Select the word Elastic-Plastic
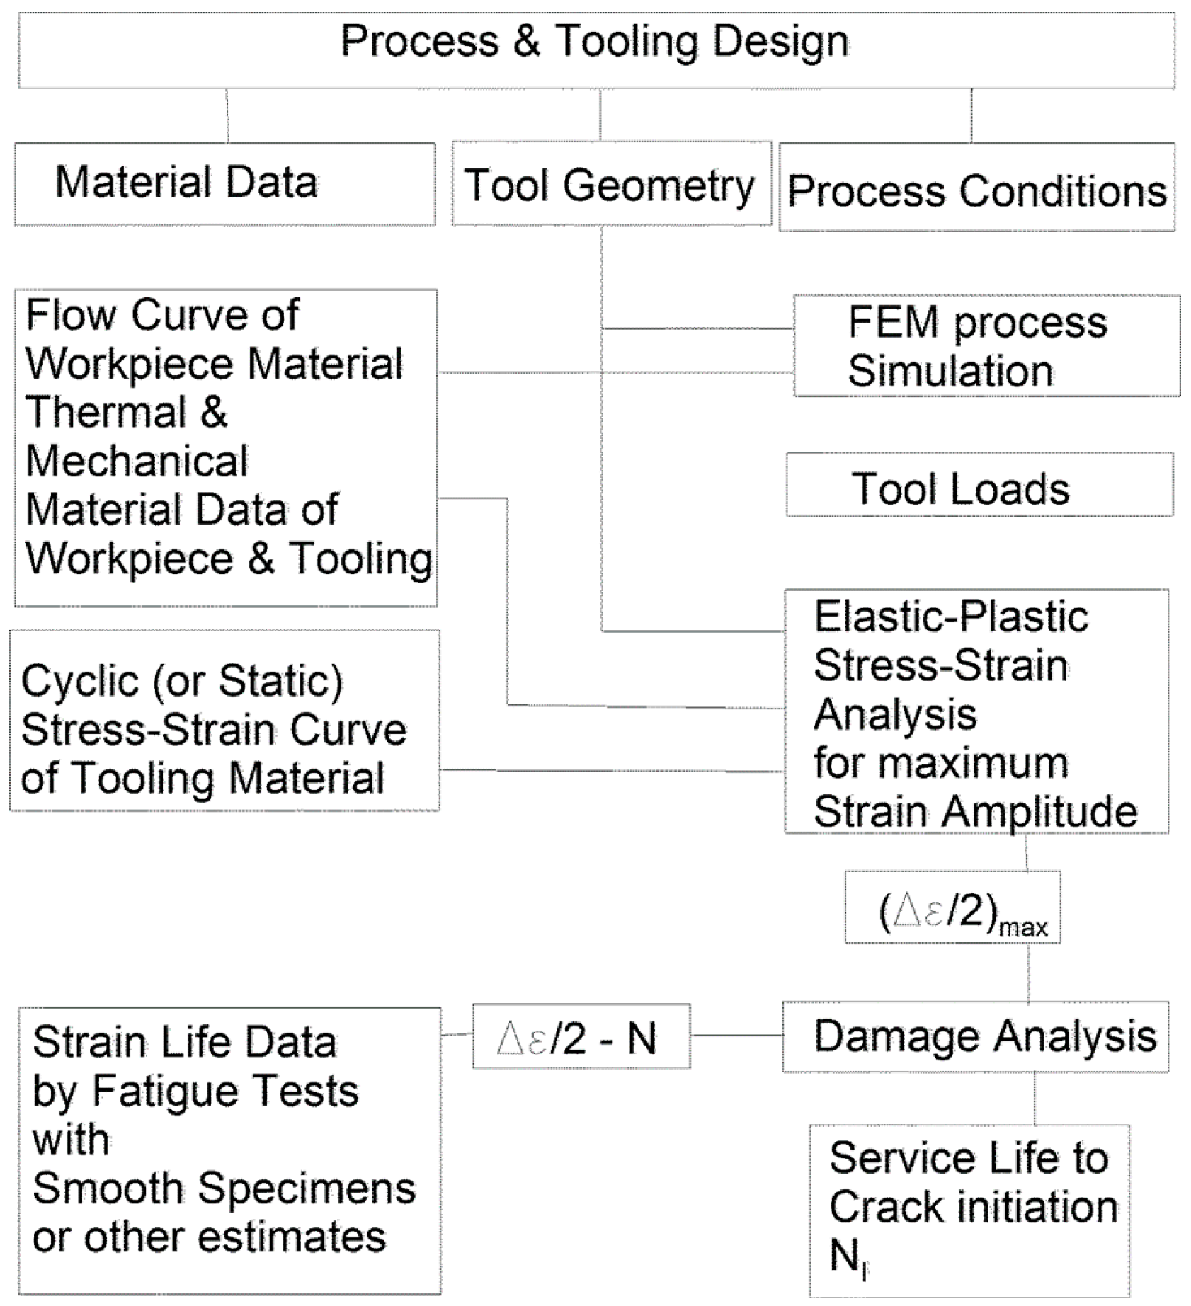pyautogui.click(x=950, y=617)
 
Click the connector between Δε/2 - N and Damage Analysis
pyautogui.click(x=736, y=1035)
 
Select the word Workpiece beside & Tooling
pyautogui.click(x=129, y=559)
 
